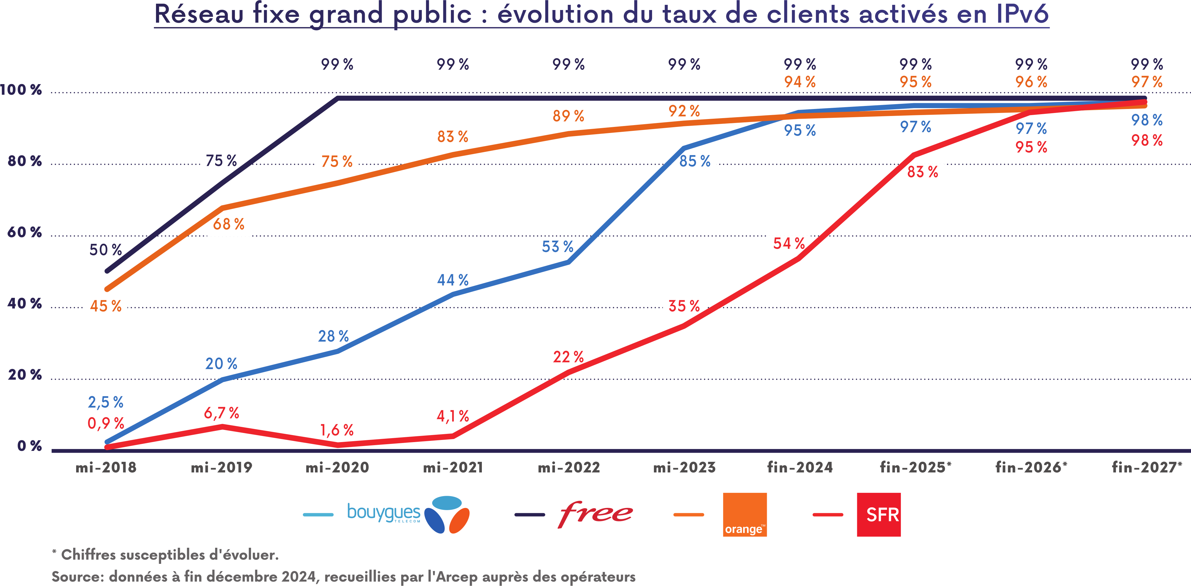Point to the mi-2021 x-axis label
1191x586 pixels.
pos(453,467)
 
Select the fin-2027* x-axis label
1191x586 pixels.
pos(1146,467)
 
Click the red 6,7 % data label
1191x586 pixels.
pos(222,413)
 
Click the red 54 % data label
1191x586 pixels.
pos(789,243)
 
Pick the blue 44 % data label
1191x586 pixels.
pos(453,280)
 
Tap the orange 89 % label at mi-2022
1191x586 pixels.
pos(568,116)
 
